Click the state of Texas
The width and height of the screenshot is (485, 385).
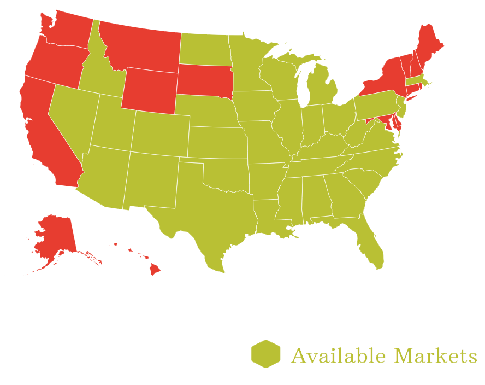point(213,219)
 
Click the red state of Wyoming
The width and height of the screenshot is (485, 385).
point(149,91)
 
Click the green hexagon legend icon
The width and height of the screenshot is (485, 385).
point(266,354)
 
